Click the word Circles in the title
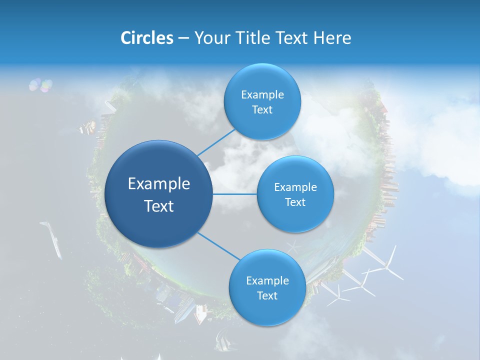coord(146,38)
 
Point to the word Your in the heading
coord(210,38)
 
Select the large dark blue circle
coord(158,194)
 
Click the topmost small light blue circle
coord(262,102)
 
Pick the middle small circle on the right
coord(295,194)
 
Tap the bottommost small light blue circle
coord(267,288)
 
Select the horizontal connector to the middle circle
coord(235,194)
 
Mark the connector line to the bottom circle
coord(219,246)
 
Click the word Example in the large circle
coord(159,184)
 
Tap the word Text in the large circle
coord(159,206)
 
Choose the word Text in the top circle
coord(262,110)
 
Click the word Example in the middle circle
coord(295,187)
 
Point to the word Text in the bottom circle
coord(267,295)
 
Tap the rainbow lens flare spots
coord(40,85)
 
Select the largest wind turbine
coord(385,265)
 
